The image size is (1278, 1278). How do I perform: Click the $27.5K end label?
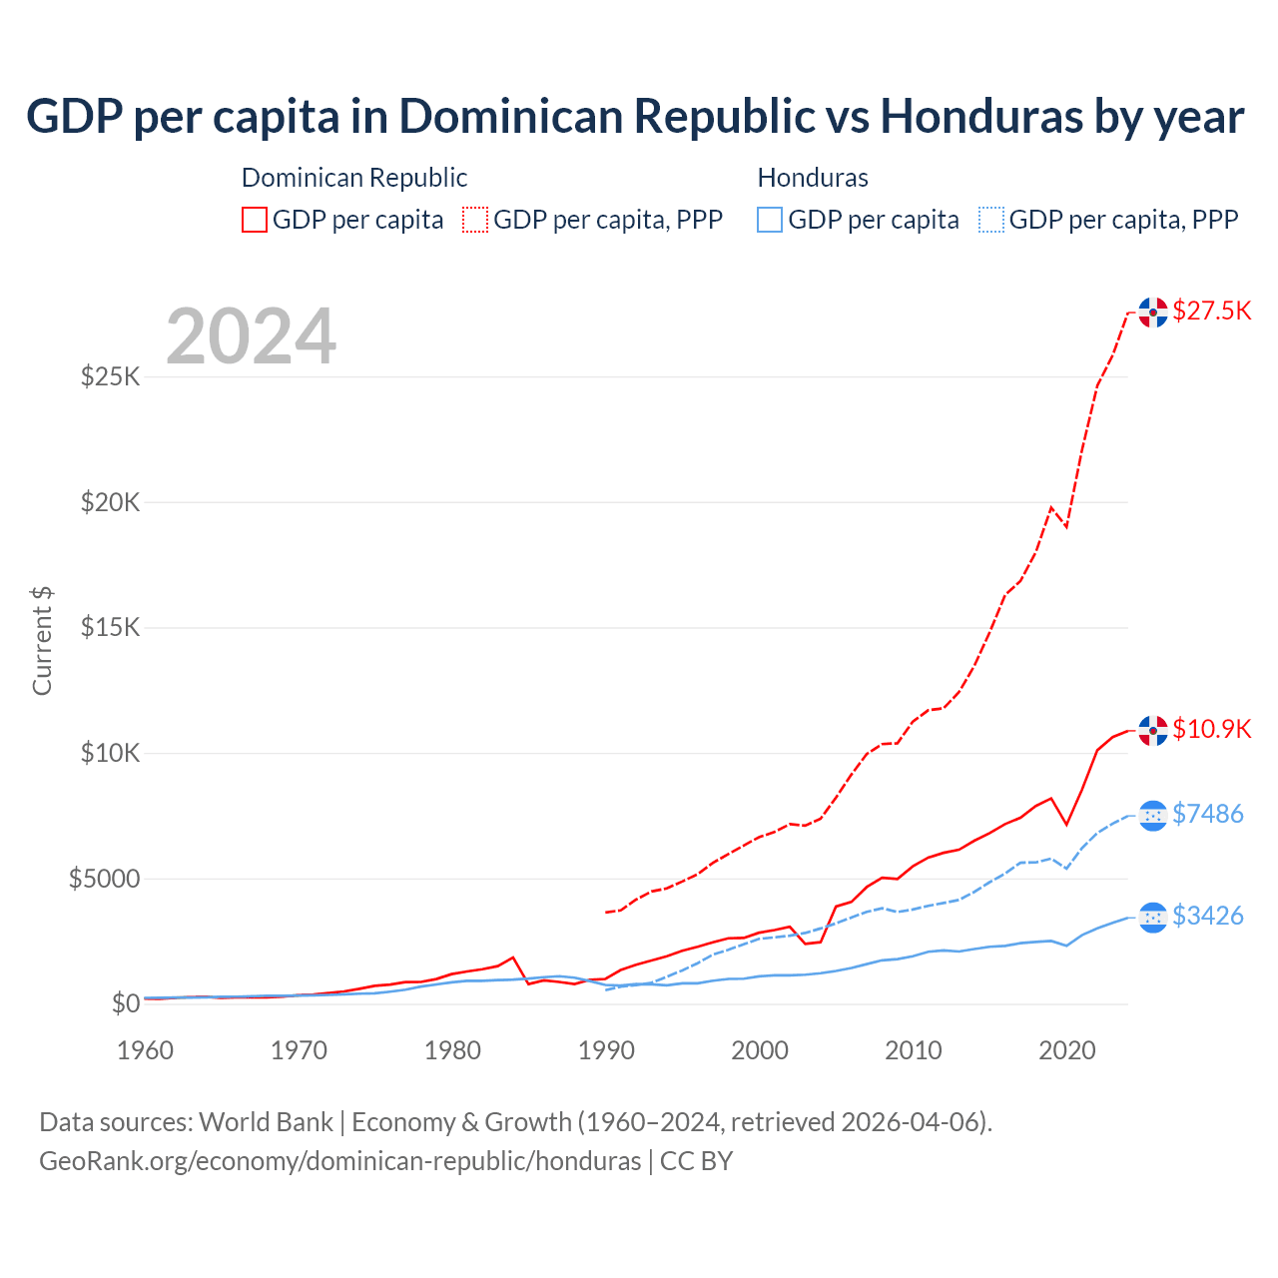(1211, 311)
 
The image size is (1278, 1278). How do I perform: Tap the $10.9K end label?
(1211, 729)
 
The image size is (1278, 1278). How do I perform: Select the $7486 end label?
(1207, 814)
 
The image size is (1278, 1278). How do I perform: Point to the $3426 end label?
(1207, 916)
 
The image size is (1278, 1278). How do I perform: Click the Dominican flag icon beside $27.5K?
(1153, 313)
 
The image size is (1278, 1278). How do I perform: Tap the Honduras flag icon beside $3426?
(1153, 917)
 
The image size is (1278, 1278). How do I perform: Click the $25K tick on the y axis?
(111, 377)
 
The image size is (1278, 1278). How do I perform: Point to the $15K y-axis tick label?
(111, 628)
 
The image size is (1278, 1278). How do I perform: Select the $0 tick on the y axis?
(126, 1003)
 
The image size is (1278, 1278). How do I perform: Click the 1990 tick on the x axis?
(606, 1050)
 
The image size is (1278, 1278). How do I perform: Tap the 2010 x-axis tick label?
(914, 1050)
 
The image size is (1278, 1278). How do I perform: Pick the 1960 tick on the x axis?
(146, 1050)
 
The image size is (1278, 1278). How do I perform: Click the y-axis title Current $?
(42, 641)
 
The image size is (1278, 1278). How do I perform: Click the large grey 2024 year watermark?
(251, 336)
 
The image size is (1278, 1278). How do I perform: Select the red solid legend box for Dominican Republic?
(255, 220)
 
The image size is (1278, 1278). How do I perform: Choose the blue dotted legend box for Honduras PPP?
(991, 220)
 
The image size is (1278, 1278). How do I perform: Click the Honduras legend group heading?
(813, 178)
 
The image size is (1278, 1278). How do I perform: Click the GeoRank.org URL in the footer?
(340, 1161)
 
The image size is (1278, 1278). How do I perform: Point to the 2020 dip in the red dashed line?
(1066, 526)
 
